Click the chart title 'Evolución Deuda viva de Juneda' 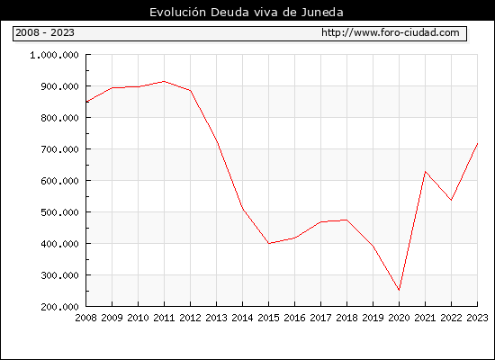[x=247, y=13]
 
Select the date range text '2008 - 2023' [x=45, y=32]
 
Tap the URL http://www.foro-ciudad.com [x=391, y=32]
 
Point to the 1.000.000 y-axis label [x=54, y=55]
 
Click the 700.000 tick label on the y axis [x=59, y=149]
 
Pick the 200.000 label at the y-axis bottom [x=59, y=307]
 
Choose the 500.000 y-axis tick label [x=59, y=212]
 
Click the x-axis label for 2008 [x=85, y=318]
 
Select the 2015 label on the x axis [x=269, y=318]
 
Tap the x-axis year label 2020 [x=399, y=318]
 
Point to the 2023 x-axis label [x=477, y=318]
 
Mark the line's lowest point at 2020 [x=399, y=290]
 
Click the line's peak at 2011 [x=164, y=82]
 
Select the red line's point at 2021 [x=425, y=172]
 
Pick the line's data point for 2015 [x=269, y=244]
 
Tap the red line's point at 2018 [x=346, y=220]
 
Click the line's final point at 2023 [x=477, y=144]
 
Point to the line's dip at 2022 [x=452, y=200]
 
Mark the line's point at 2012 [x=191, y=91]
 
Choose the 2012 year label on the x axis [x=191, y=318]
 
